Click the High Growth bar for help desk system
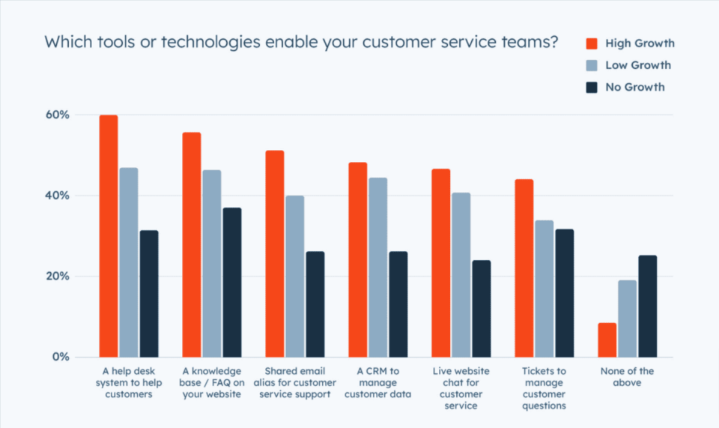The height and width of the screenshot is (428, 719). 109,236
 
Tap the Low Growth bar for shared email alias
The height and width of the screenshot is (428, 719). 294,277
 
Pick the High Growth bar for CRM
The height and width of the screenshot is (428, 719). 358,259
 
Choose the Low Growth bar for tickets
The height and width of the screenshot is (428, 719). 544,289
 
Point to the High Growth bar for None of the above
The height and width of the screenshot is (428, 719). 607,340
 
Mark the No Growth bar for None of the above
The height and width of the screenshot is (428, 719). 647,306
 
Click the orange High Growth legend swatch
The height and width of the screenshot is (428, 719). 592,43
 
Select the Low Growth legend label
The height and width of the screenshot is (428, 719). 638,65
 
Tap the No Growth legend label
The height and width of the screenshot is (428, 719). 635,87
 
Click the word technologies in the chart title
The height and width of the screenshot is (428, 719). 194,42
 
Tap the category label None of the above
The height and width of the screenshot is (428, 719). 628,377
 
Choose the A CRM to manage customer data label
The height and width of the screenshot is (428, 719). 377,383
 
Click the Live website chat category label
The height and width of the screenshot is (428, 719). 461,388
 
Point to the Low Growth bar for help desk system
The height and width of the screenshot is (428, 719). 129,262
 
